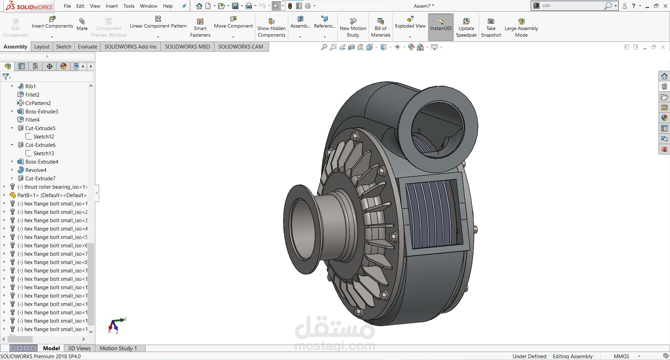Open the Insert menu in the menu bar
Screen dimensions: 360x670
click(x=112, y=6)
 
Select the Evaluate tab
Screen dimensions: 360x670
click(x=87, y=46)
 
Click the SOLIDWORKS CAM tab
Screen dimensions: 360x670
click(x=240, y=46)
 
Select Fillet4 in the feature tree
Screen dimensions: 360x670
click(x=32, y=120)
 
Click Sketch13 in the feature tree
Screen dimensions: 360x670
click(x=43, y=153)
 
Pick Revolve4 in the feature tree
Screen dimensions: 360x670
click(x=36, y=170)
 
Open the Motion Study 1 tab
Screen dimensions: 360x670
click(x=118, y=348)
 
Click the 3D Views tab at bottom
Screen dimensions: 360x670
click(x=79, y=348)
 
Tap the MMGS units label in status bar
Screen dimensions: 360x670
click(x=621, y=356)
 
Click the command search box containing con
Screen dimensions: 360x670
click(x=572, y=6)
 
